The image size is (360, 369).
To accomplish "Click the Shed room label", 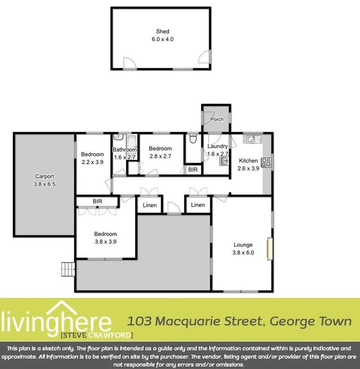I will (x=162, y=31).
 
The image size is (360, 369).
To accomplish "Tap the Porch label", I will (x=217, y=119).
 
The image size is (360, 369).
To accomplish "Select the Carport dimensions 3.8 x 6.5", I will (x=44, y=184).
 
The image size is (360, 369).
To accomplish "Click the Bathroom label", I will (x=125, y=150).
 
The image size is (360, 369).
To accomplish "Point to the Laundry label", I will (x=217, y=147).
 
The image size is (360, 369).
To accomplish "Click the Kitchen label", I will (x=248, y=161).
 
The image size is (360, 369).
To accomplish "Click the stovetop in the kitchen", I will (x=266, y=161).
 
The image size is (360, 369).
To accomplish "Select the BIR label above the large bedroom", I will (x=97, y=202).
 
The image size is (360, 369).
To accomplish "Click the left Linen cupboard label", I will (x=150, y=205).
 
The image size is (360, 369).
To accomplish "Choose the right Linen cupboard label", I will (x=198, y=205).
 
